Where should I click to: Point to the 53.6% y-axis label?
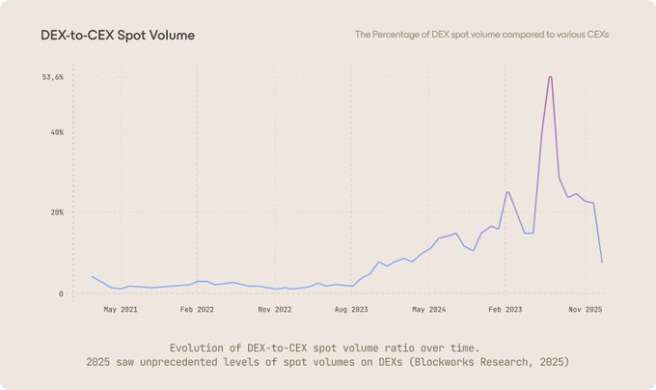[x=52, y=77]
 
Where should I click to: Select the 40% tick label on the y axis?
[x=56, y=132]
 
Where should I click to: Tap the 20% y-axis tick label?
[x=56, y=212]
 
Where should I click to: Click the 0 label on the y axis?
[x=61, y=293]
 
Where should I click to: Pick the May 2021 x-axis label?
[x=121, y=310]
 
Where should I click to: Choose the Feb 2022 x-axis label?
[x=198, y=310]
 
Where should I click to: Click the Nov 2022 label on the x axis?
[x=275, y=310]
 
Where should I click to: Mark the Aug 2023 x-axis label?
[x=352, y=310]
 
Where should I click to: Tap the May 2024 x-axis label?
[x=428, y=310]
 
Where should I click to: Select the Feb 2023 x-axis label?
[x=506, y=310]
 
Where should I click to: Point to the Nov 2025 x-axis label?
[x=585, y=310]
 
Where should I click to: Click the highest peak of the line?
[x=550, y=77]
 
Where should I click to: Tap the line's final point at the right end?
[x=602, y=263]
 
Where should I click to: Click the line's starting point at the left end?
[x=92, y=276]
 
